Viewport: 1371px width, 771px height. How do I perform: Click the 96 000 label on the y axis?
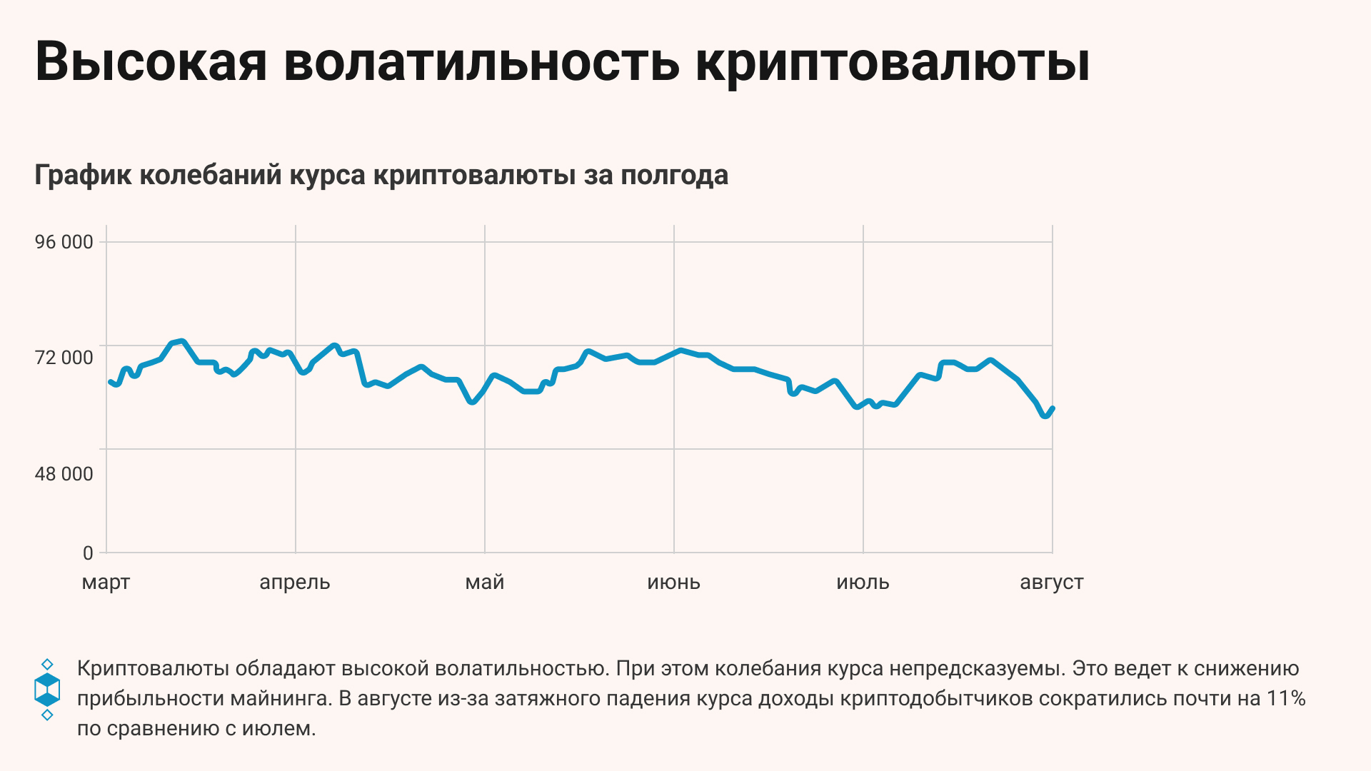[64, 242]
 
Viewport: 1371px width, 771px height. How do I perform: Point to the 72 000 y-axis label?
[64, 357]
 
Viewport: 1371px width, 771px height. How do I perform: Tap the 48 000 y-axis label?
[64, 474]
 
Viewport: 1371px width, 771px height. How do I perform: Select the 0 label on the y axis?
[88, 553]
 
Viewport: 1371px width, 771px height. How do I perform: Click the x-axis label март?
[106, 583]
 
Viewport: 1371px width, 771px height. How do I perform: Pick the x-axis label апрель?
[295, 583]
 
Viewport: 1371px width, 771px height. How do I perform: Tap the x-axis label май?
[485, 583]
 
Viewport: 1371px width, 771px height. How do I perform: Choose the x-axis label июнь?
[673, 583]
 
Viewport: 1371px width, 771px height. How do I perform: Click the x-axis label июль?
[863, 583]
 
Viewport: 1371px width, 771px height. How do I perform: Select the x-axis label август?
[1052, 583]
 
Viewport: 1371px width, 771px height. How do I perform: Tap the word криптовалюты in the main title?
[893, 61]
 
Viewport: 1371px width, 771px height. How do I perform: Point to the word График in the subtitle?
[82, 175]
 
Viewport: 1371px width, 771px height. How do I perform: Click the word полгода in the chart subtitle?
[674, 175]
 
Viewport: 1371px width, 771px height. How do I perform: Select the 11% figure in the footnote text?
[1286, 698]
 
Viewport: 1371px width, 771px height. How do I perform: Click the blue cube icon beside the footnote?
[47, 690]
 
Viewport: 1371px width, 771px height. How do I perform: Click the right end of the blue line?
[1053, 409]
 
